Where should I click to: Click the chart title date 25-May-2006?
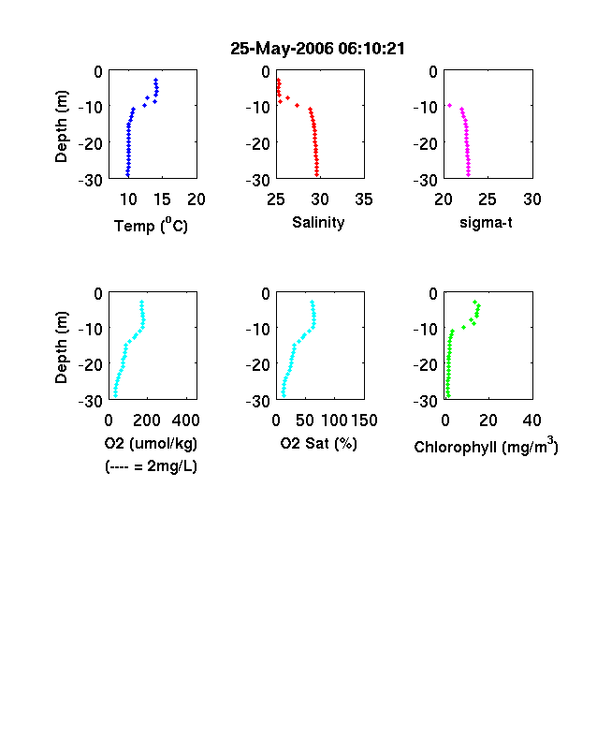coord(282,49)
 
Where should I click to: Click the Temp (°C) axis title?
coord(151,226)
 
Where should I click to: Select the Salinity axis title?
coord(318,223)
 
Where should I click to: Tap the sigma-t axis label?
coord(486,222)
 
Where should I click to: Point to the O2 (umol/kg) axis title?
coord(151,443)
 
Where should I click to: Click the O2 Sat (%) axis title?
coord(319,443)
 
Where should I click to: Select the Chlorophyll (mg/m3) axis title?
coord(486,445)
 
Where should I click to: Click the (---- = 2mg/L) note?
coord(151,466)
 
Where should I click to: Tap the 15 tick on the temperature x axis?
coord(162,199)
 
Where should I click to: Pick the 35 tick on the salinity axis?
coord(364,199)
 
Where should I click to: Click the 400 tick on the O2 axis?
coord(185,421)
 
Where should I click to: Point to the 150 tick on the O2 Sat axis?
coord(364,421)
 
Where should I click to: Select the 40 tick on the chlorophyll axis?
coord(531,421)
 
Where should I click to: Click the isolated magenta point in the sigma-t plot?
coord(449,106)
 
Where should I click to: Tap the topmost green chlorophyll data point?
coord(474,302)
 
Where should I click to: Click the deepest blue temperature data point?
coord(127,174)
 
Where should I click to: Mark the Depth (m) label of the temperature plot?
coord(61,126)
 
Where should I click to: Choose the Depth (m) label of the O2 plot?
coord(61,347)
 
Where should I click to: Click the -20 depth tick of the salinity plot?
coord(258,143)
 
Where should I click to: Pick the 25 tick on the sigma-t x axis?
coord(487,199)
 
